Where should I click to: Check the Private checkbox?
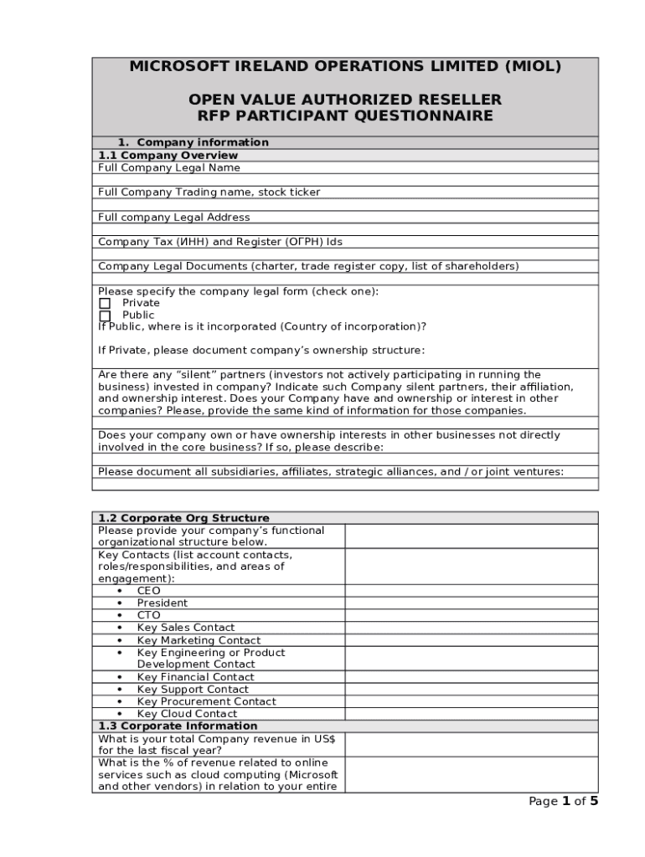point(105,303)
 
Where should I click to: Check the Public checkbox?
point(105,316)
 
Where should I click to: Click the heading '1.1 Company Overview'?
point(168,155)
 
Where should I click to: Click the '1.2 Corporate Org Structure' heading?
point(183,518)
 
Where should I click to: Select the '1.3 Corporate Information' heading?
point(178,726)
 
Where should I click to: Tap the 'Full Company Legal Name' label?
point(168,167)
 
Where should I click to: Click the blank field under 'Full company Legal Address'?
point(345,229)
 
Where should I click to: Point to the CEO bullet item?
point(148,591)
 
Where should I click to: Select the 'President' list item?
point(162,603)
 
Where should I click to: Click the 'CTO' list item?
point(148,615)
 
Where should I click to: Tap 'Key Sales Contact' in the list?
point(185,628)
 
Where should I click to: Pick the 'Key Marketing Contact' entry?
point(199,640)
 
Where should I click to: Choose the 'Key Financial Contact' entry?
point(195,677)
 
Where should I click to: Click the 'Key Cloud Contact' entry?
point(187,714)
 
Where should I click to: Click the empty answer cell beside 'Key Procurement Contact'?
point(472,702)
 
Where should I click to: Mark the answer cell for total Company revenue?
point(472,745)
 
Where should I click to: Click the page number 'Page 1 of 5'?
point(563,802)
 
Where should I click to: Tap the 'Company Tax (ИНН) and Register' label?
point(219,242)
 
